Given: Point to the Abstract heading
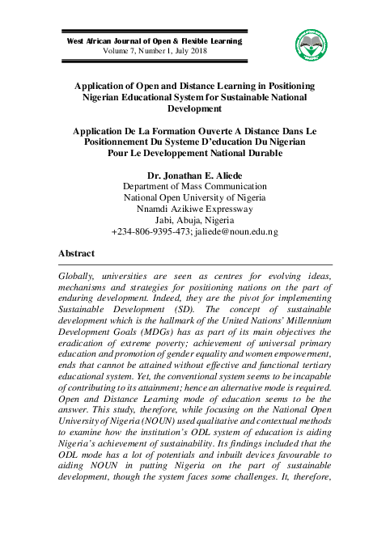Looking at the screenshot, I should coord(78,253).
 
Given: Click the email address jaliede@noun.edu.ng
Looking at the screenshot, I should coord(239,231).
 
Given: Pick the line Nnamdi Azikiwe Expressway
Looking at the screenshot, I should coord(194,208).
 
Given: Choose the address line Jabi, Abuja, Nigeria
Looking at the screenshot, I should coord(194,219).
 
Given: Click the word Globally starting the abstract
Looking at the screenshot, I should coord(77,276).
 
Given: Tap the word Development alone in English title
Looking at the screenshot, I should coord(194,108).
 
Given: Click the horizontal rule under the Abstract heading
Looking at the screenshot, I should coord(194,264).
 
